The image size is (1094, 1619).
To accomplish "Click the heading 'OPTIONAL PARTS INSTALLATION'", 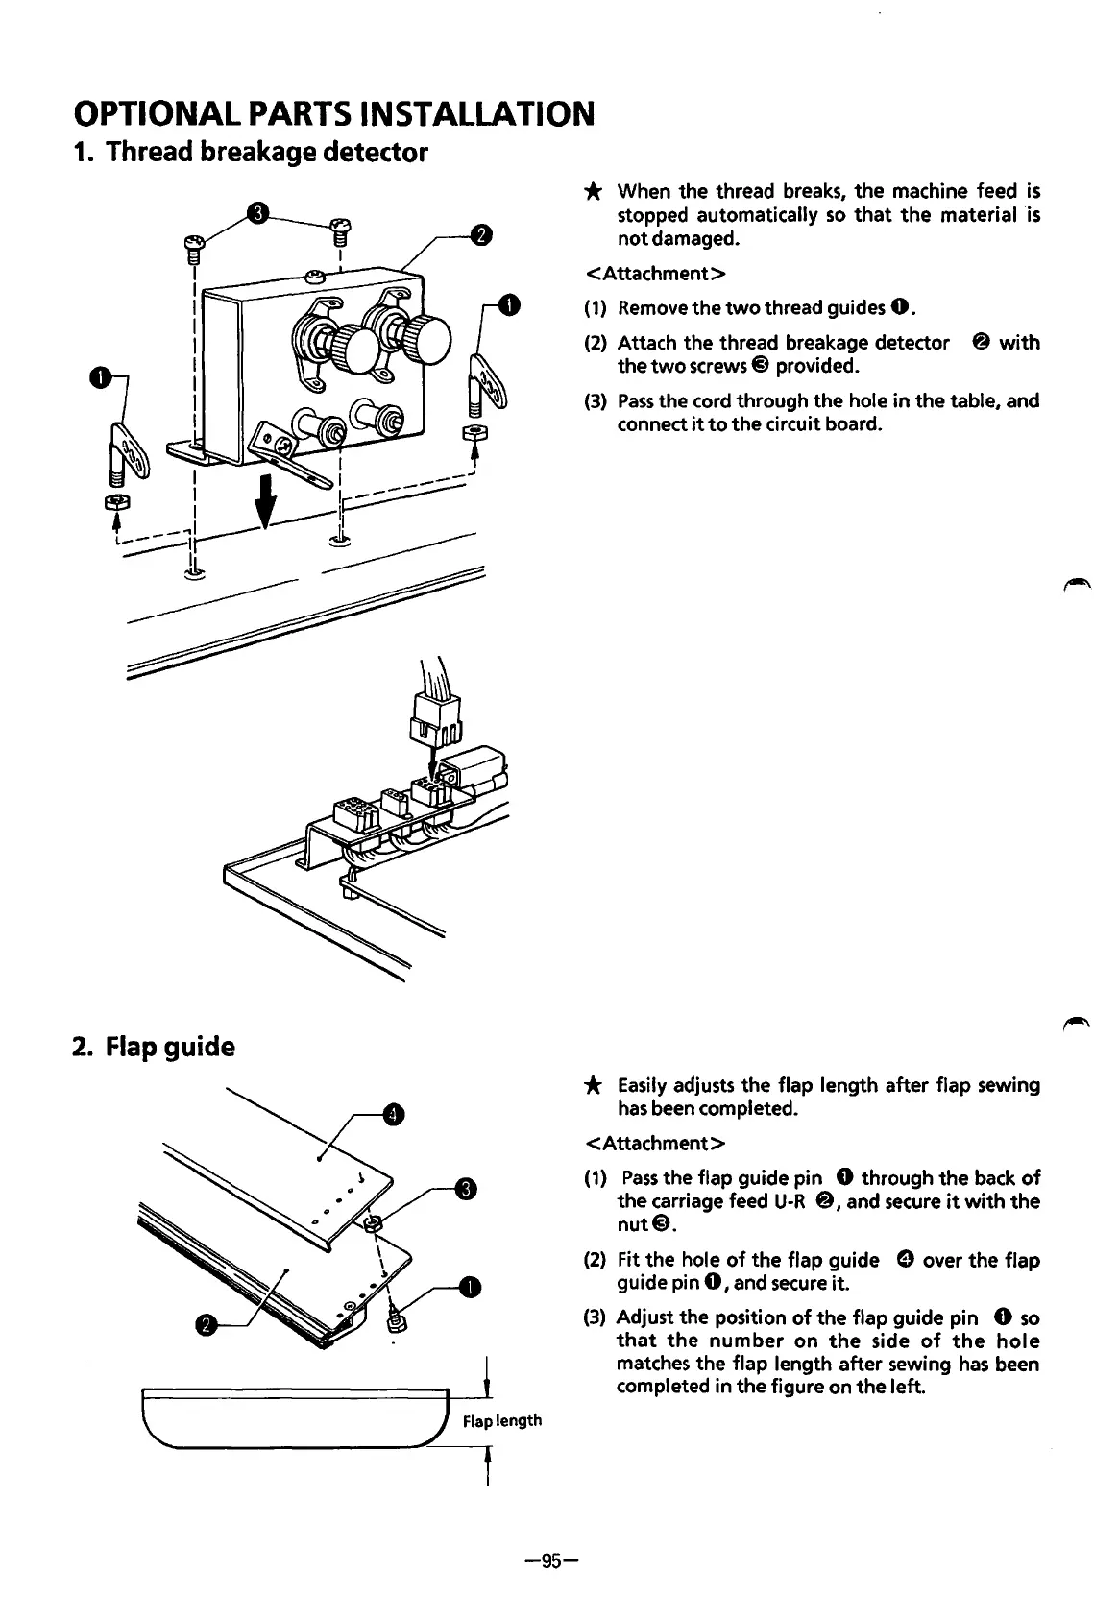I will click(333, 114).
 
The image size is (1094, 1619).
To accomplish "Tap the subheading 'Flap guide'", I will click(154, 1046).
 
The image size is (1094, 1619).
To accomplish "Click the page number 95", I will click(548, 1560).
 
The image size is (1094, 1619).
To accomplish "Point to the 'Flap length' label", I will click(502, 1420).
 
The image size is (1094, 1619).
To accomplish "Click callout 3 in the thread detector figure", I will click(256, 213).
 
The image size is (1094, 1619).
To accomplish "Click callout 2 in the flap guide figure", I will click(206, 1326).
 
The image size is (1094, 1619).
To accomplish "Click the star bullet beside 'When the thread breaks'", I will click(594, 192).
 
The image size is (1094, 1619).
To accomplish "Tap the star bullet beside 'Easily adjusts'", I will click(594, 1086).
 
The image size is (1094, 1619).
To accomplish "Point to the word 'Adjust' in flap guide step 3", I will click(645, 1317).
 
